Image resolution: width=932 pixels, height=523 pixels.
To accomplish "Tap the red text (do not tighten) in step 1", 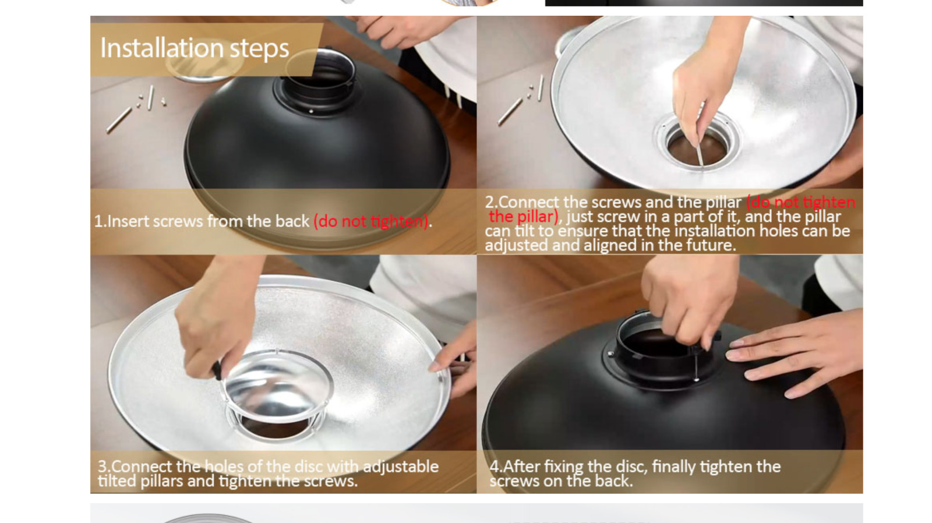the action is [x=371, y=221].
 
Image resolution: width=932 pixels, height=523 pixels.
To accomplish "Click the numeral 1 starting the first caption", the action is [x=98, y=221].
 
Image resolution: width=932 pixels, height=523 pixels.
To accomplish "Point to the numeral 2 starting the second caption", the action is [x=489, y=202].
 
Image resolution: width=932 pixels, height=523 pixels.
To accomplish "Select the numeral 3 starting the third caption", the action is [x=102, y=467].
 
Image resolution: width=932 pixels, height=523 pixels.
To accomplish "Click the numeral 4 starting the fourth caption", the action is [x=494, y=467].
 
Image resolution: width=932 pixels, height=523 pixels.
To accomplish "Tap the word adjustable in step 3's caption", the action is [x=401, y=467].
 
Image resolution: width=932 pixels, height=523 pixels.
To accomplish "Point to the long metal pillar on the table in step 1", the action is [x=119, y=120].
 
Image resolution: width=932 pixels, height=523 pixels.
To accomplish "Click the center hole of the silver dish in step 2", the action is [x=697, y=148].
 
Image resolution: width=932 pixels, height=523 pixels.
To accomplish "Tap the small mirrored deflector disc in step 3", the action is [x=278, y=386].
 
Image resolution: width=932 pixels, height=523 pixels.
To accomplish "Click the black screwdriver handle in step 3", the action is [x=217, y=370].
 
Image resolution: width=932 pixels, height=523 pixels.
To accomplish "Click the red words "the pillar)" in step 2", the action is [x=524, y=217].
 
